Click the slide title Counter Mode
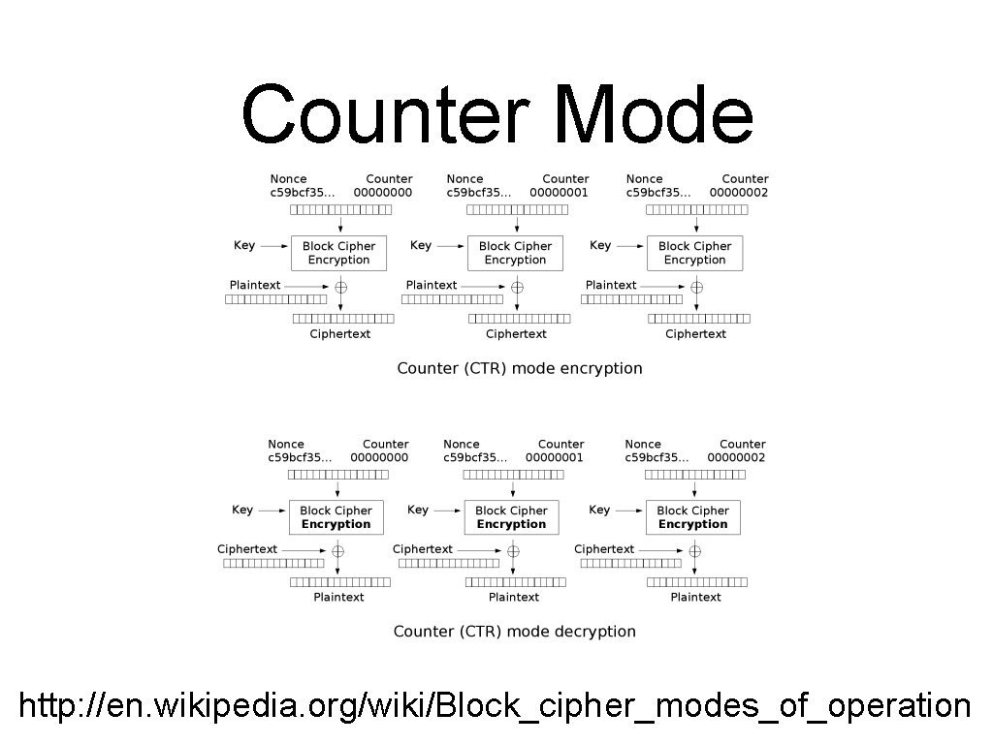click(496, 114)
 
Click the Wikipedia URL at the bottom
click(495, 705)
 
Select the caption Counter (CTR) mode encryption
click(519, 368)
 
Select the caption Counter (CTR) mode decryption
click(514, 632)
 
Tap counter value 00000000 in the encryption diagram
click(382, 193)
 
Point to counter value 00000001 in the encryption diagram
click(559, 193)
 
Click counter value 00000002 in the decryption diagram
click(736, 457)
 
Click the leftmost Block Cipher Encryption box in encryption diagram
click(338, 253)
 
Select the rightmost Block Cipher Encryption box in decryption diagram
click(692, 517)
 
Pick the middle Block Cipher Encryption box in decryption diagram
click(511, 517)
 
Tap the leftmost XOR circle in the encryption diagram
click(340, 287)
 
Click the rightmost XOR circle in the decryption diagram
click(694, 551)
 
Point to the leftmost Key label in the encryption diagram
click(244, 246)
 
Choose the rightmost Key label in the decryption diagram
click(599, 511)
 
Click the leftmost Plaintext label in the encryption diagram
click(255, 285)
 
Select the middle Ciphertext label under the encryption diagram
click(516, 334)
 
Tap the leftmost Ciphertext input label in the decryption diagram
click(246, 549)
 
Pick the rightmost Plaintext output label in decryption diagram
click(695, 598)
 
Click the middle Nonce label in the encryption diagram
click(464, 179)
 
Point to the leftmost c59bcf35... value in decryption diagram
click(300, 457)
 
